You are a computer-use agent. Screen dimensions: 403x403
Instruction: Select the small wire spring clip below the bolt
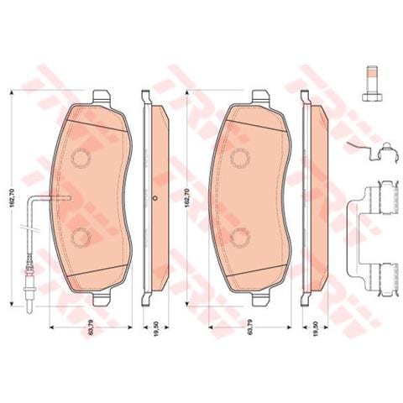369,154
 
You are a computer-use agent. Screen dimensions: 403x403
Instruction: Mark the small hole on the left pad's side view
156,198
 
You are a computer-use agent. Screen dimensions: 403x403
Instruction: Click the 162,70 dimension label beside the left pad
10,198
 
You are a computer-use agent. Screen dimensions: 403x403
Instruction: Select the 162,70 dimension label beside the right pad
186,198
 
